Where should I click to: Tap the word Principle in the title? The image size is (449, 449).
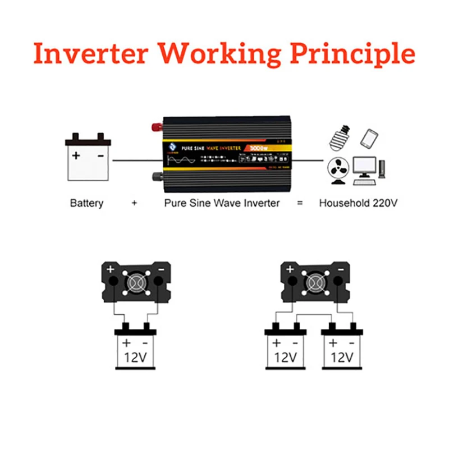350,55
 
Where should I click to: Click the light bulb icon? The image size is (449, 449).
340,135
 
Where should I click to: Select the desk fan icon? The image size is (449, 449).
338,171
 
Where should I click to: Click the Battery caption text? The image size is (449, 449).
86,203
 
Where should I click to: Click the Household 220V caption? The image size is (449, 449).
358,203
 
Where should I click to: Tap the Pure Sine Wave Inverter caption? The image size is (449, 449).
222,203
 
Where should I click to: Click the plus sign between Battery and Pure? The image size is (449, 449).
134,203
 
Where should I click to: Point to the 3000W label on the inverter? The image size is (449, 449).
258,148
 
